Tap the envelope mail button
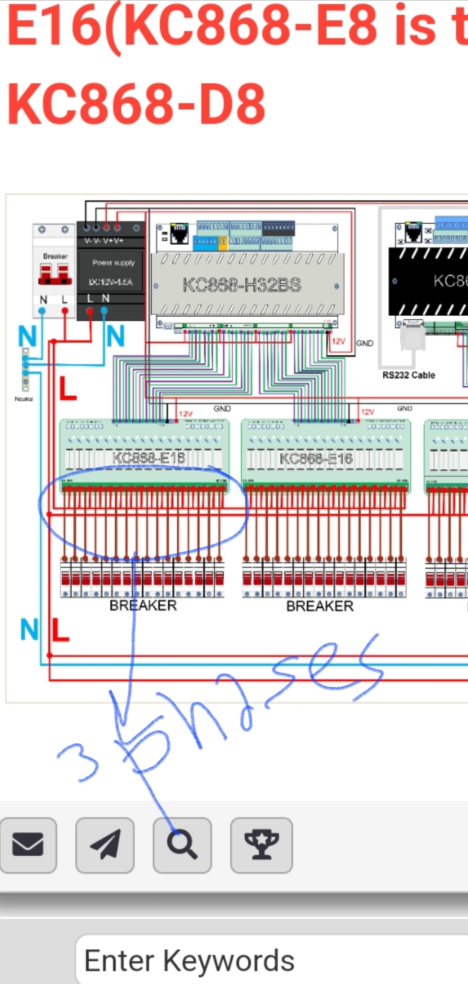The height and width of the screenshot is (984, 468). tap(28, 844)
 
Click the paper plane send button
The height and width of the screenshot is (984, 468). tap(104, 844)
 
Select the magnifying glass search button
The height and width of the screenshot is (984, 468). tap(182, 844)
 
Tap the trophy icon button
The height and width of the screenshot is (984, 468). tap(261, 844)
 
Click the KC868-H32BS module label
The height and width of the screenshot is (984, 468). tap(242, 285)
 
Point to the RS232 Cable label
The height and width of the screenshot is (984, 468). tap(408, 375)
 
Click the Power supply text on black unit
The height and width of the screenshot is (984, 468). tap(114, 263)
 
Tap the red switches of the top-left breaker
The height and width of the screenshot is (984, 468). tap(55, 274)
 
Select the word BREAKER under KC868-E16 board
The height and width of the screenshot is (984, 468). tap(320, 606)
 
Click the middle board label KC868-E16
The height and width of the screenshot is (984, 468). tap(316, 458)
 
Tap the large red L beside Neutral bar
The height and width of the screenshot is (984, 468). tap(67, 389)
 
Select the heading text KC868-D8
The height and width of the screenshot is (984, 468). tap(136, 104)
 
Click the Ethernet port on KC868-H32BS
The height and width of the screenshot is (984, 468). tap(179, 234)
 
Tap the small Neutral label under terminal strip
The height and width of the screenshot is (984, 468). tap(24, 399)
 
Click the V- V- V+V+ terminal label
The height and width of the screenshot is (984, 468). tap(104, 240)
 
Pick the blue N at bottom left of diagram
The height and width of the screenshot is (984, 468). tap(29, 629)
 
